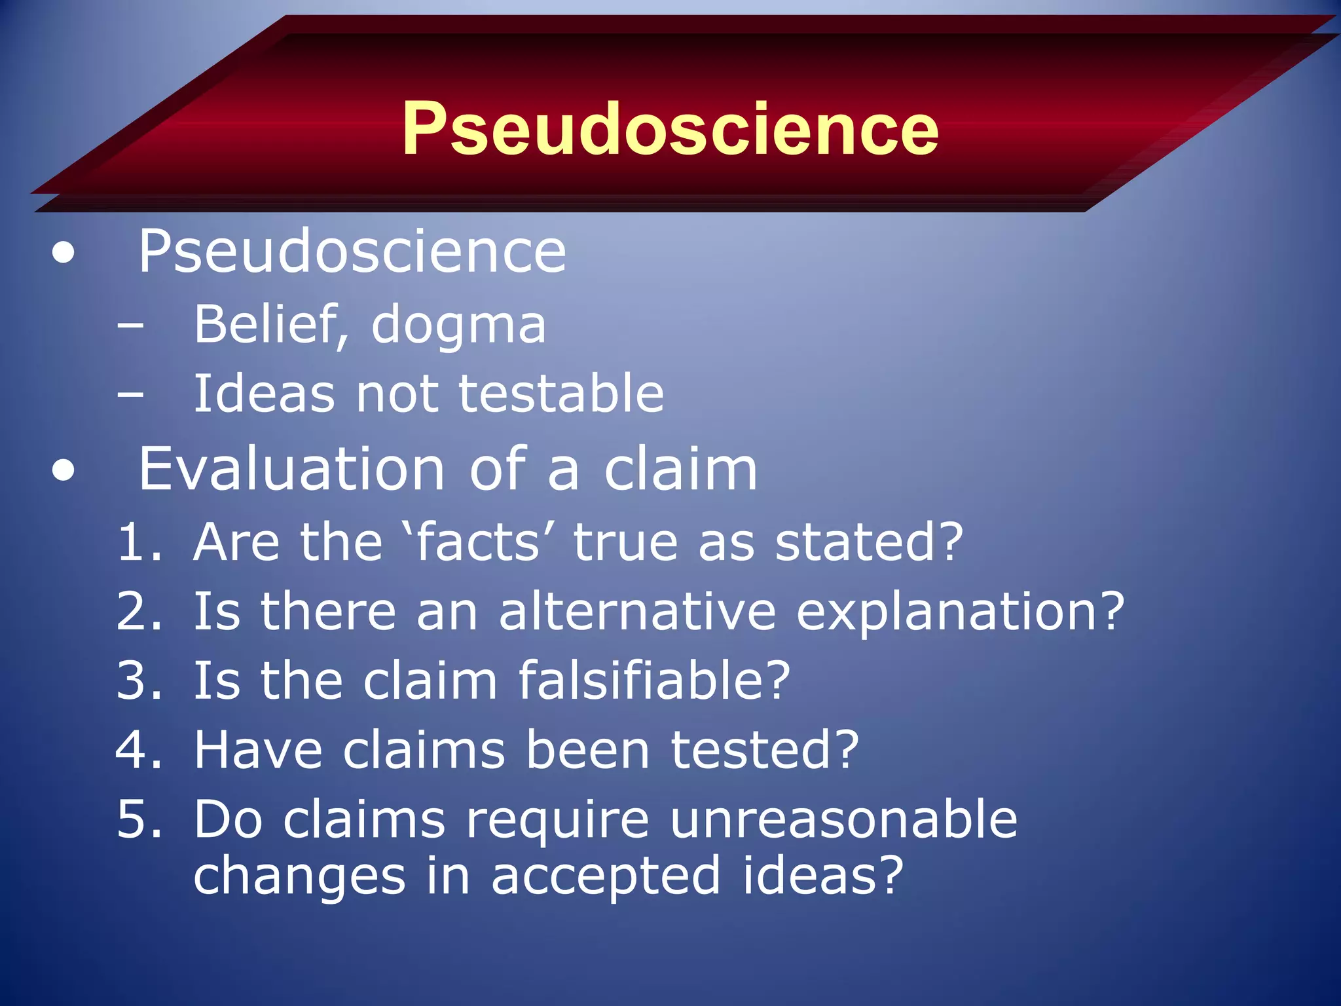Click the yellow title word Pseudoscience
click(670, 129)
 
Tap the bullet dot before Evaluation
click(64, 470)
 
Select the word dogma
click(458, 326)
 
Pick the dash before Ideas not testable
click(130, 394)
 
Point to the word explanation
click(960, 613)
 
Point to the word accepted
click(606, 876)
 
